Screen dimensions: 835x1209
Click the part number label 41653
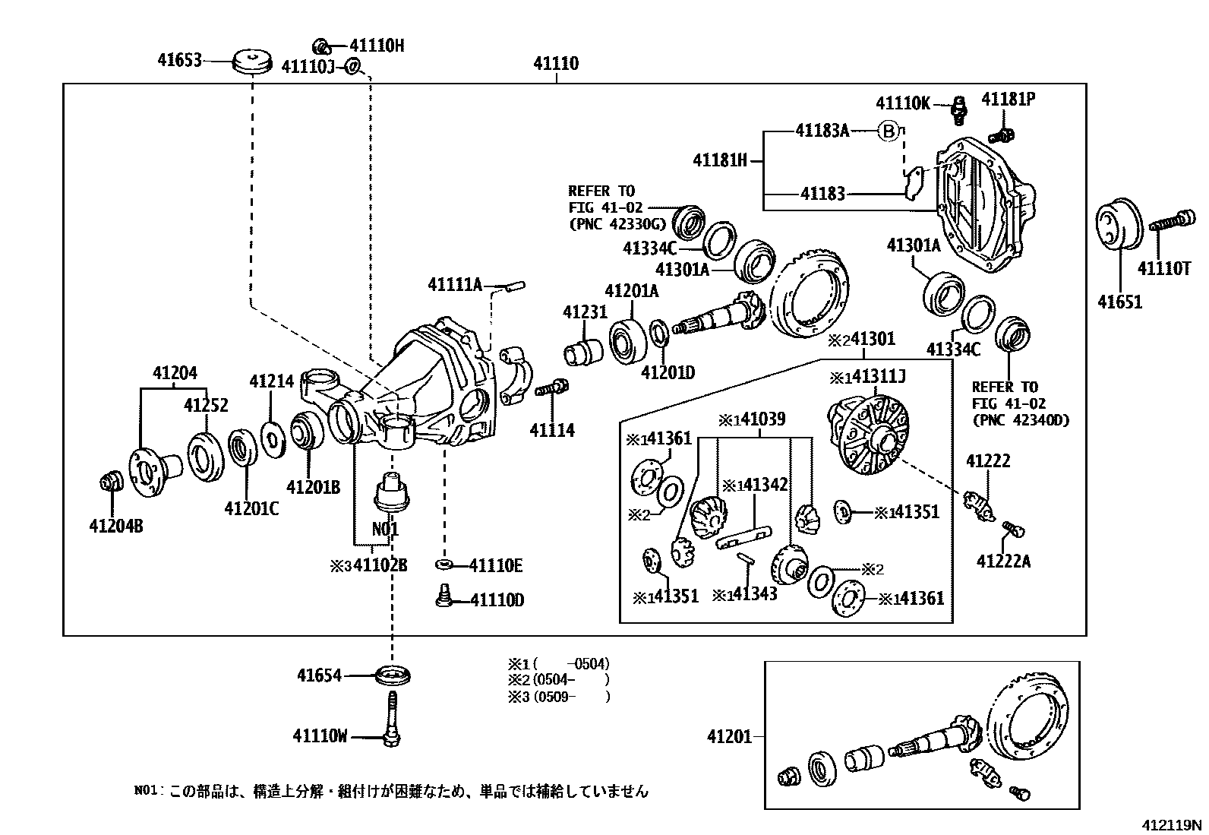180,59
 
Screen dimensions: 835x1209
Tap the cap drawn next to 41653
251,61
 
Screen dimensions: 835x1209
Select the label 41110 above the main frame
555,64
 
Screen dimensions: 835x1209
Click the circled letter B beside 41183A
889,131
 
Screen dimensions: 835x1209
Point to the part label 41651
1119,302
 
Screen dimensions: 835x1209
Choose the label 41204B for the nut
115,525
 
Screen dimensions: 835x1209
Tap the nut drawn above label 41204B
111,481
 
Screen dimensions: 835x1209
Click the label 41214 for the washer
271,381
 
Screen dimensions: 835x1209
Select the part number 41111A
455,285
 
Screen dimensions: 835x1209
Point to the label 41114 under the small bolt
552,431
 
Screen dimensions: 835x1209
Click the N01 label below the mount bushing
385,529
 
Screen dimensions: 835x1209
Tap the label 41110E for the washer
495,565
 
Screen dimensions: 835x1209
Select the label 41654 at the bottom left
319,675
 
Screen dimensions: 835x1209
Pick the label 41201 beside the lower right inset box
729,736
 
